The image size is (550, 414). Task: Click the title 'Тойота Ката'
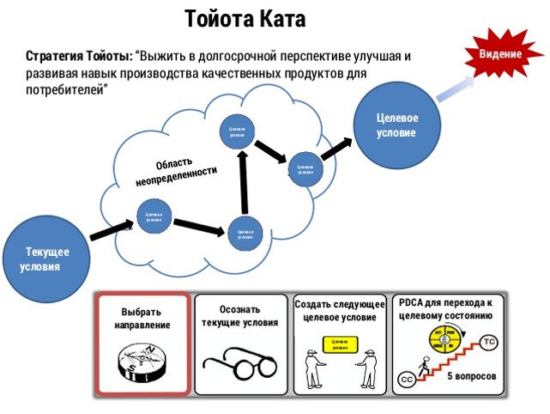245,18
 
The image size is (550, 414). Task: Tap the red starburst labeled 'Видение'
499,54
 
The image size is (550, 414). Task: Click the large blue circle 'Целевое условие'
396,126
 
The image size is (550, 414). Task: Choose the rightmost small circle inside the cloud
305,169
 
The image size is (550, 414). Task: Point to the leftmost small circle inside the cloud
154,216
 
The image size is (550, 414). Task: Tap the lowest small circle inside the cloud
245,234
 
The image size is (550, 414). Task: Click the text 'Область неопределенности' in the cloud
175,172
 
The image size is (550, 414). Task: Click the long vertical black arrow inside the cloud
243,182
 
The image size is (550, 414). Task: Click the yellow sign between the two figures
338,344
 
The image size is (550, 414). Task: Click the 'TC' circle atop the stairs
489,342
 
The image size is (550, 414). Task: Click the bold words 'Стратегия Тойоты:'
80,56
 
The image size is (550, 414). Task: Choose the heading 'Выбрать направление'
142,319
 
